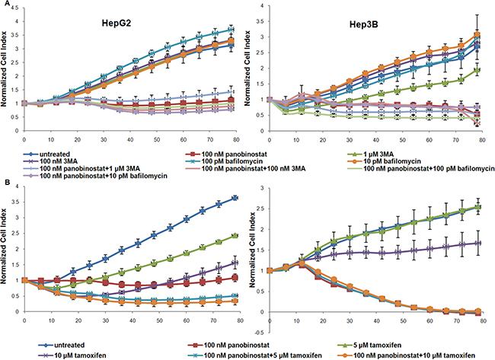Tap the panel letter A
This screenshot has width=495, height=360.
click(x=5, y=5)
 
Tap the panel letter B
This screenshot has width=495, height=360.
click(x=5, y=183)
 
